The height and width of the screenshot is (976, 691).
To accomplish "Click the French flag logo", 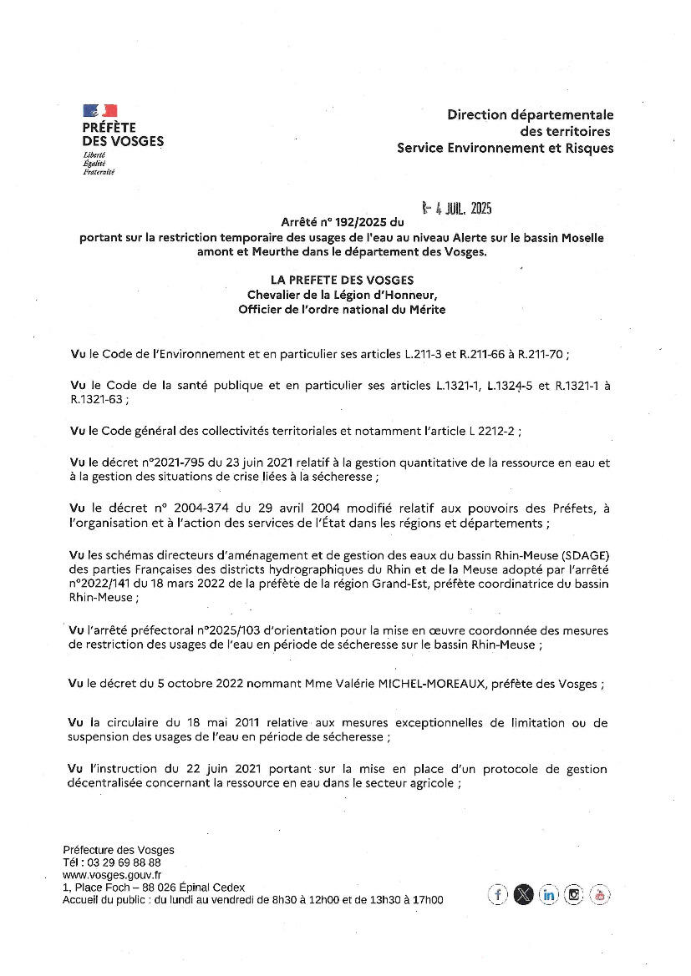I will pyautogui.click(x=99, y=110).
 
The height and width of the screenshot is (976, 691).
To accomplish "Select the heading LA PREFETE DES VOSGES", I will pyautogui.click(x=342, y=281).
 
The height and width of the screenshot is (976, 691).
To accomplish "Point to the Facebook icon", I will pyautogui.click(x=498, y=895).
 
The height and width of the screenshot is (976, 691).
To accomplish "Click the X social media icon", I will pyautogui.click(x=523, y=895).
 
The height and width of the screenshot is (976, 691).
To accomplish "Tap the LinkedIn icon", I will pyautogui.click(x=549, y=895).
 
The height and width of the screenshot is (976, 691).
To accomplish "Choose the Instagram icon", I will pyautogui.click(x=574, y=895).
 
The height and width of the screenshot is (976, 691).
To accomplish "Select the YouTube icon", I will pyautogui.click(x=600, y=895).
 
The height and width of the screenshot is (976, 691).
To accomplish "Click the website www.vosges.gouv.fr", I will pyautogui.click(x=112, y=874).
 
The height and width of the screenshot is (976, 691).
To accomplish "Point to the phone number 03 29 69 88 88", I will pyautogui.click(x=124, y=862).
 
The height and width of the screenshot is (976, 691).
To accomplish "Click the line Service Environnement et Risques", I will pyautogui.click(x=505, y=148).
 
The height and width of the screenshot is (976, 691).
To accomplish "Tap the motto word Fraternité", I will pyautogui.click(x=99, y=172).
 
